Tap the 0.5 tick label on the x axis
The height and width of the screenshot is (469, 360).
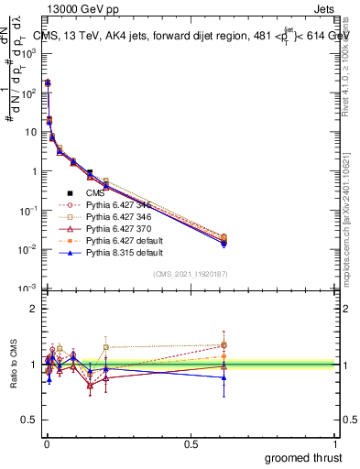pyautogui.click(x=191, y=443)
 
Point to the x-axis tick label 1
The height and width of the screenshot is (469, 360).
pyautogui.click(x=337, y=443)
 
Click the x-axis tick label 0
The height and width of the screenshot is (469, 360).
pyautogui.click(x=45, y=443)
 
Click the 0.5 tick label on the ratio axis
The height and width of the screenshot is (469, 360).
pyautogui.click(x=31, y=420)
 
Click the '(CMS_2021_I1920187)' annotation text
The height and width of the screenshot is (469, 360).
pyautogui.click(x=191, y=275)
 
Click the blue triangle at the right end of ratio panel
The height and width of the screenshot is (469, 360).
pyautogui.click(x=223, y=377)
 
